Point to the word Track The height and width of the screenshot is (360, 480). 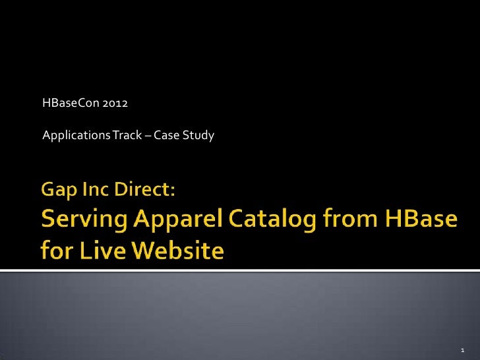125,136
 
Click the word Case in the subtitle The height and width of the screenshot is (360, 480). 166,136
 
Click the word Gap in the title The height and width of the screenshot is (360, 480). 59,192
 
